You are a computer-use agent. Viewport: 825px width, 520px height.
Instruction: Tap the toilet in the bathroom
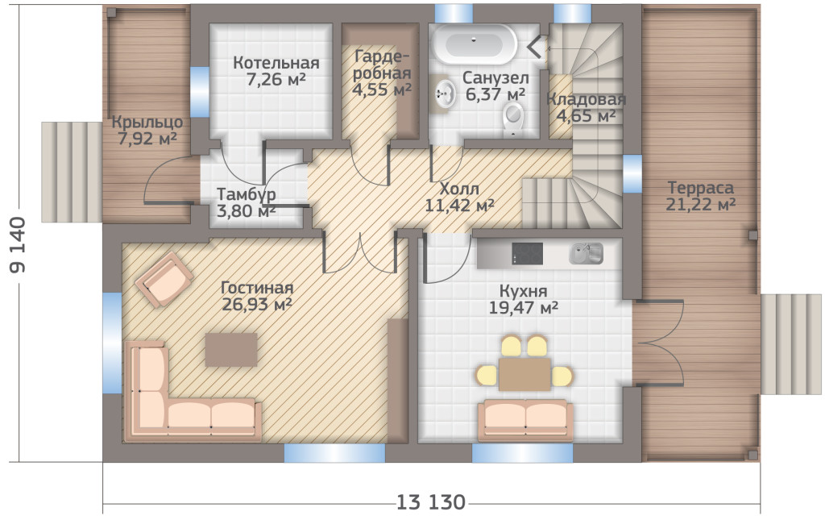(x=513, y=118)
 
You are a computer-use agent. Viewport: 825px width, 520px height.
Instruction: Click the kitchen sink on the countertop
(x=586, y=253)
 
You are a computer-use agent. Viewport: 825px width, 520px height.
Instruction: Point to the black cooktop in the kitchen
(x=527, y=253)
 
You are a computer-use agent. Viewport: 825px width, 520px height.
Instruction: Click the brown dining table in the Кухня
(x=524, y=374)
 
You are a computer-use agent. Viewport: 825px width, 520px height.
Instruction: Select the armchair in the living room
(x=164, y=278)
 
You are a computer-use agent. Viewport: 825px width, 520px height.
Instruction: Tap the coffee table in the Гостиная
(x=231, y=349)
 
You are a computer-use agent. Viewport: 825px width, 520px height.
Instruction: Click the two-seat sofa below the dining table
(x=526, y=419)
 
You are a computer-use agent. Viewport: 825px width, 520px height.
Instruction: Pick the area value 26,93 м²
(x=257, y=305)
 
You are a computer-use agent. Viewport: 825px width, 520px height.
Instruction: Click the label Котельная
(x=276, y=63)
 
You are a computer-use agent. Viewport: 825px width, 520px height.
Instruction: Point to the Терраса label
(x=700, y=188)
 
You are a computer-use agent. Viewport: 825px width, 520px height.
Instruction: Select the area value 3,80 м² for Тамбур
(x=247, y=211)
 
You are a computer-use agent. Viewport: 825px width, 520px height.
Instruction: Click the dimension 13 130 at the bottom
(x=431, y=502)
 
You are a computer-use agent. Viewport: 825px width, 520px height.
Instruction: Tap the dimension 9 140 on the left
(x=18, y=245)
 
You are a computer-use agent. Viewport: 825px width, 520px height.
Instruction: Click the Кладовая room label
(x=586, y=99)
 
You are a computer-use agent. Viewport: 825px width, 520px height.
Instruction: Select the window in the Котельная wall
(x=200, y=92)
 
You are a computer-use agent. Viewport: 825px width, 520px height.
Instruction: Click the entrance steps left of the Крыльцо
(x=72, y=172)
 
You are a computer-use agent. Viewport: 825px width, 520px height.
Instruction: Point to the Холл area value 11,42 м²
(x=459, y=206)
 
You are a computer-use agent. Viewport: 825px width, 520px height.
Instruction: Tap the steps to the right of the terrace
(x=791, y=344)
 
